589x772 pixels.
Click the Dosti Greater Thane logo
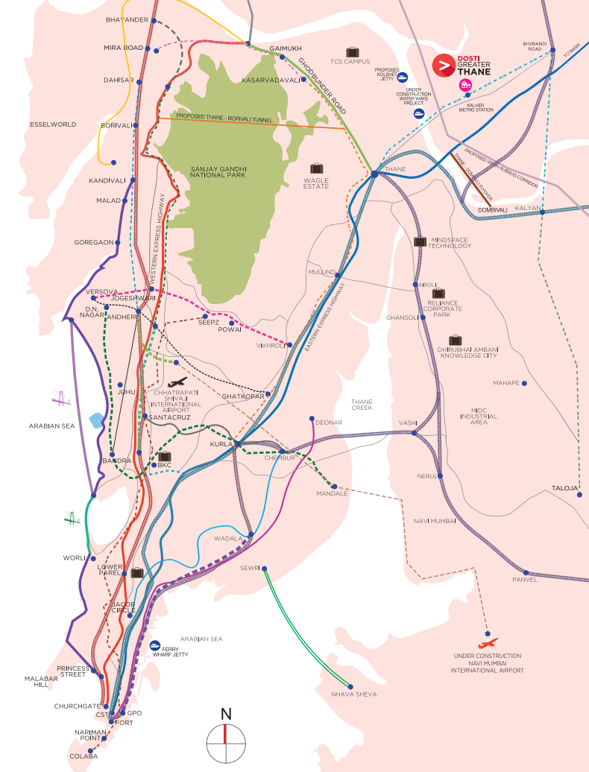coord(444,66)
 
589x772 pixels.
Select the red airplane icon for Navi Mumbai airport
coord(488,642)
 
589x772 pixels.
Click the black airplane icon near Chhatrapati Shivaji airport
coord(177,382)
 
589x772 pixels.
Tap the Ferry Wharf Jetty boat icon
coord(156,645)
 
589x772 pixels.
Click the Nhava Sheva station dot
coord(351,686)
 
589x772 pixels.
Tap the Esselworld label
coord(50,124)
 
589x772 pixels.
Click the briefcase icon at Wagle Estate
coord(317,168)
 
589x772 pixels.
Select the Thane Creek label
coord(362,405)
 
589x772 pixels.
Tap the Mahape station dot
coord(524,383)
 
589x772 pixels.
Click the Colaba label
coord(82,756)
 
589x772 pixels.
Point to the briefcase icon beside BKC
coord(165,456)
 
